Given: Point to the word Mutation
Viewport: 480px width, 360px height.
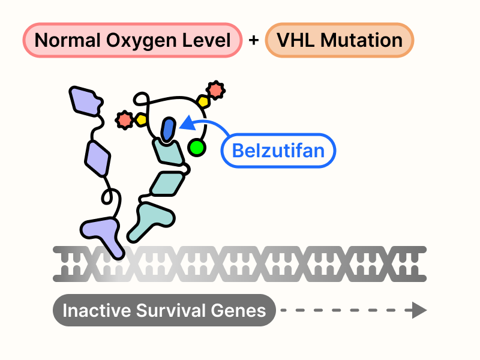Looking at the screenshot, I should tap(362, 41).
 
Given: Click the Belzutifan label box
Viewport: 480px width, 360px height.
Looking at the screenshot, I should tap(278, 149).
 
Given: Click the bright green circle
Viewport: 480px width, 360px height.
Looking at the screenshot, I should tap(196, 147).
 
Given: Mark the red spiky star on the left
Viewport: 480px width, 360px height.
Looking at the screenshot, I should tap(125, 120).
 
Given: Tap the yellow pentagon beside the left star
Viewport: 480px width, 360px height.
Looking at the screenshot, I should tap(141, 120).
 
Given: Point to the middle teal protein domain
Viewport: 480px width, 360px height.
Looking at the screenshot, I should tap(167, 183).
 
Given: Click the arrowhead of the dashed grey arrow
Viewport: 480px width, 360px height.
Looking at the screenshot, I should tap(416, 311).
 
